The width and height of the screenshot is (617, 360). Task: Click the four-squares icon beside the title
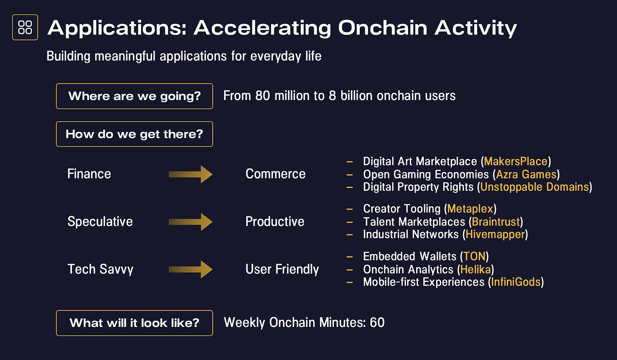pyautogui.click(x=25, y=27)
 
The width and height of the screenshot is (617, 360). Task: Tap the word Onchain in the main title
pyautogui.click(x=383, y=28)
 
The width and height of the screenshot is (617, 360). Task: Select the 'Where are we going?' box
pyautogui.click(x=134, y=96)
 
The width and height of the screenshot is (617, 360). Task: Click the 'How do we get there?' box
pyautogui.click(x=134, y=134)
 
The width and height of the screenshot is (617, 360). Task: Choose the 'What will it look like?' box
pyautogui.click(x=134, y=323)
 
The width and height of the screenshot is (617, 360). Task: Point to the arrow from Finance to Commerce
pyautogui.click(x=191, y=174)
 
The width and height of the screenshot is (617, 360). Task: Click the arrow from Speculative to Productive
pyautogui.click(x=191, y=222)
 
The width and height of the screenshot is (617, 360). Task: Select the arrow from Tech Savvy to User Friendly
pyautogui.click(x=191, y=269)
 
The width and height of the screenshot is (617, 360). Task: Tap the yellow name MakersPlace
pyautogui.click(x=516, y=161)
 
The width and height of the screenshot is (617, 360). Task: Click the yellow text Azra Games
pyautogui.click(x=526, y=174)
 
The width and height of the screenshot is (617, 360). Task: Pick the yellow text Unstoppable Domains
pyautogui.click(x=534, y=187)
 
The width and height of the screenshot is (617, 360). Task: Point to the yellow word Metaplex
pyautogui.click(x=470, y=209)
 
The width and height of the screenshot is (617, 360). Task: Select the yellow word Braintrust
pyautogui.click(x=496, y=222)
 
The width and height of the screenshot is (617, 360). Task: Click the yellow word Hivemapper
pyautogui.click(x=495, y=234)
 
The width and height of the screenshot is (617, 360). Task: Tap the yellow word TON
pyautogui.click(x=474, y=257)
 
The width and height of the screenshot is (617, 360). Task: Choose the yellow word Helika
pyautogui.click(x=475, y=269)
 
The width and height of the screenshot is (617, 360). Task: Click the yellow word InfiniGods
pyautogui.click(x=516, y=282)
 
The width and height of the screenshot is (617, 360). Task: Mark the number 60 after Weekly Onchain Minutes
pyautogui.click(x=377, y=323)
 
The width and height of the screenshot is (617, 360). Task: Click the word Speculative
pyautogui.click(x=100, y=222)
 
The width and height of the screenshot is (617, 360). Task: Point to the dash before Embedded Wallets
pyautogui.click(x=350, y=257)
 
